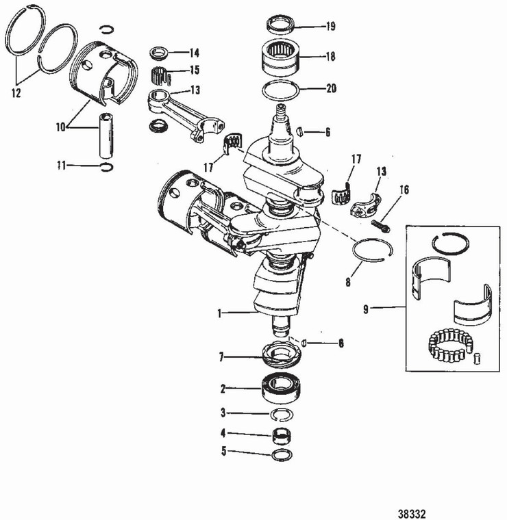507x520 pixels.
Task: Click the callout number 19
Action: pos(331,27)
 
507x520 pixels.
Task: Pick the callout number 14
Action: pos(194,53)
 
